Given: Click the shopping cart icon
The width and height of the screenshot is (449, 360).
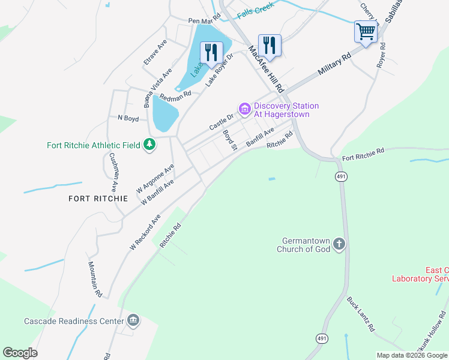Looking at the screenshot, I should click(366, 31).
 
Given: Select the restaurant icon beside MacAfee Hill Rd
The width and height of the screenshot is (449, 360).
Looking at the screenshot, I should click(270, 45).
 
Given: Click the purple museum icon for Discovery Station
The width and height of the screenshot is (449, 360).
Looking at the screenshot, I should click(244, 109).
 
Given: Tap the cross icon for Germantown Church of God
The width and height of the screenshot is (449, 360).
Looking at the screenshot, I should click(339, 244).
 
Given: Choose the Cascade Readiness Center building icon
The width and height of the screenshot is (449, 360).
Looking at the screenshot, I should click(133, 320).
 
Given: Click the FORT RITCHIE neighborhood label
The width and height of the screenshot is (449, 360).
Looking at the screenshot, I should click(98, 198).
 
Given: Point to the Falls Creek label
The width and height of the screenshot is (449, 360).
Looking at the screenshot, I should click(255, 10).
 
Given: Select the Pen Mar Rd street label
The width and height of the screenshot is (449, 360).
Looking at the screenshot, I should click(205, 21).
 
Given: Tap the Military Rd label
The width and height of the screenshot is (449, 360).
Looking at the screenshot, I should click(334, 63).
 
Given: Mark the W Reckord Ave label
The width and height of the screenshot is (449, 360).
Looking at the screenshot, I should click(145, 232).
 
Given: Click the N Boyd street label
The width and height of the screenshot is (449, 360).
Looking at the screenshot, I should click(128, 119).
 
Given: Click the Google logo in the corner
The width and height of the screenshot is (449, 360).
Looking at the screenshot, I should click(20, 353).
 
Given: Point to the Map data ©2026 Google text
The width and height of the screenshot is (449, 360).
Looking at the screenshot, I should click(411, 355).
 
